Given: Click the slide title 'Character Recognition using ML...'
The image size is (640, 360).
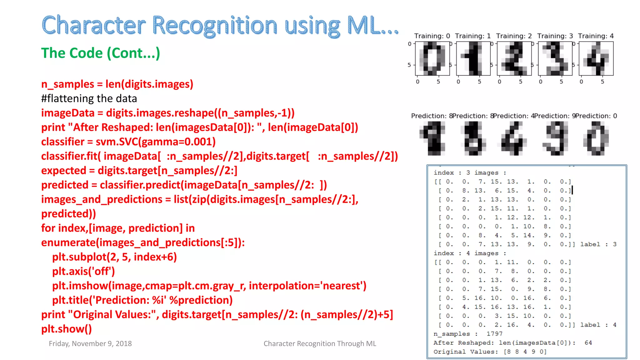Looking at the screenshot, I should coord(220,26).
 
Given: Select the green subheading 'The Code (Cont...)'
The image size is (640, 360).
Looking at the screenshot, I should coord(100,53).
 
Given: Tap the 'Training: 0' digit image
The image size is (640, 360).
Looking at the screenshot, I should coord(432,59).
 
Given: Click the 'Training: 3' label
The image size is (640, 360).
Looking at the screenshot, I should coord(555,36).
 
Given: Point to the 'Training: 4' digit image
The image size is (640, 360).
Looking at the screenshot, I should coord(596,59).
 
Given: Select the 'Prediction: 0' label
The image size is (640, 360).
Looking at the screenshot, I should coord(597,116).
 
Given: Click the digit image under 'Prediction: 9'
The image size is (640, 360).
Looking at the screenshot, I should coord(555,138).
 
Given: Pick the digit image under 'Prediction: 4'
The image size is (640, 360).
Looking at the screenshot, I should coord(514,138).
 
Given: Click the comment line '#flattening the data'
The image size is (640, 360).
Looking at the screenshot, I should coord(89,98).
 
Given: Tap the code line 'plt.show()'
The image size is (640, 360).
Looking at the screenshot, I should coord(67,329).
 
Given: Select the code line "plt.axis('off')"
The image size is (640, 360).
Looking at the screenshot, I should coord(83,271).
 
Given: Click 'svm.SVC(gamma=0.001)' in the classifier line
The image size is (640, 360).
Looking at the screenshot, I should coord(156,142).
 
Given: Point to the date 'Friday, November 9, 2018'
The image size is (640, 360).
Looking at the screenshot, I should coord(90,343).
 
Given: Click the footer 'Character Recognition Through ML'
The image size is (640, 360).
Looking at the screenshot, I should coord(320,343).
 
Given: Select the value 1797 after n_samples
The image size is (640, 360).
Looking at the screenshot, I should coord(494,334).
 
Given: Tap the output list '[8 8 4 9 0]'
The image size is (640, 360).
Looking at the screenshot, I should coord(525,352).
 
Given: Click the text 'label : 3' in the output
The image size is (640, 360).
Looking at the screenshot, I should coord(598,244).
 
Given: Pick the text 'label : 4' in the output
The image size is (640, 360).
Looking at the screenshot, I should coord(598,325).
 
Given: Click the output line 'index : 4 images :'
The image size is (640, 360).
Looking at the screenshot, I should coord(470,253).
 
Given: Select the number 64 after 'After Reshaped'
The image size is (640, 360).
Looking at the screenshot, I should coord(588,342).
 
